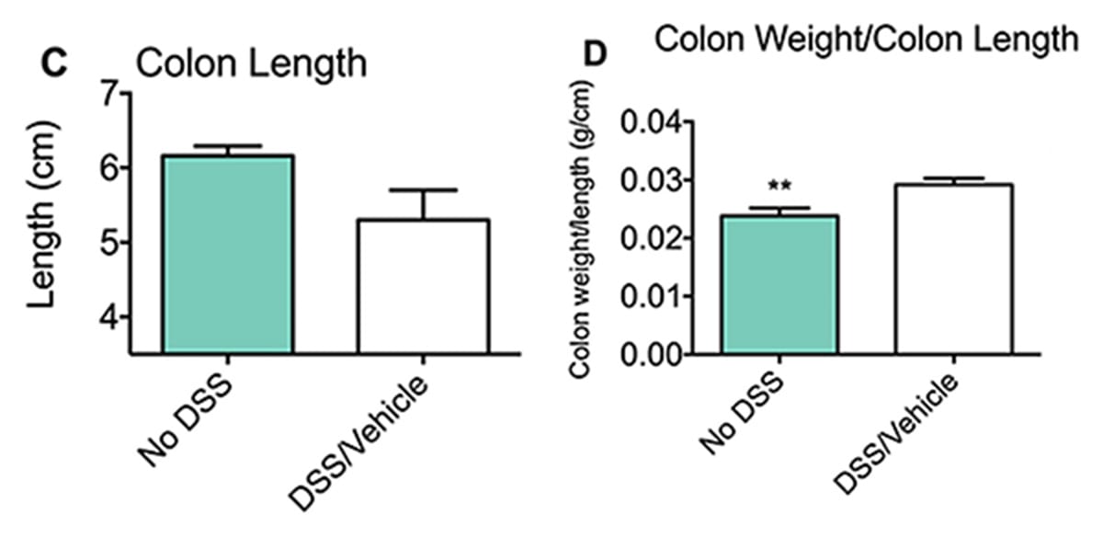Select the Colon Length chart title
point(251,64)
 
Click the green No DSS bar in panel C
point(228,255)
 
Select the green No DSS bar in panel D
point(779,285)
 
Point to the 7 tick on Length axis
point(111,94)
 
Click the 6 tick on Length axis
point(111,168)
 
